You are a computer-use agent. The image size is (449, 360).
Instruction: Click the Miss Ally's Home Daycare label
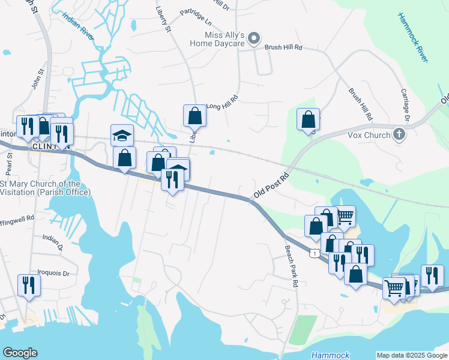pyautogui.click(x=217, y=39)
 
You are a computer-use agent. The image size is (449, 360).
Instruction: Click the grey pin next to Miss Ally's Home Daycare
pyautogui.click(x=254, y=40)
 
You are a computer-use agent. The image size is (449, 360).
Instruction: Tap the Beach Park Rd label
pyautogui.click(x=292, y=266)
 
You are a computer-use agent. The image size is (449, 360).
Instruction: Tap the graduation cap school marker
pyautogui.click(x=122, y=136)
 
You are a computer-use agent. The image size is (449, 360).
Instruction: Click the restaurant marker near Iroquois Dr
pyautogui.click(x=28, y=286)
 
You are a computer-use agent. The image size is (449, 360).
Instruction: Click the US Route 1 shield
pyautogui.click(x=314, y=254)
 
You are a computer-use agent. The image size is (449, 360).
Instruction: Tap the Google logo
pyautogui.click(x=20, y=353)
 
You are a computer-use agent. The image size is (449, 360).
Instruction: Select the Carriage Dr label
pyautogui.click(x=405, y=106)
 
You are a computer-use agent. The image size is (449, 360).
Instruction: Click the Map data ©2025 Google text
pyautogui.click(x=411, y=355)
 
